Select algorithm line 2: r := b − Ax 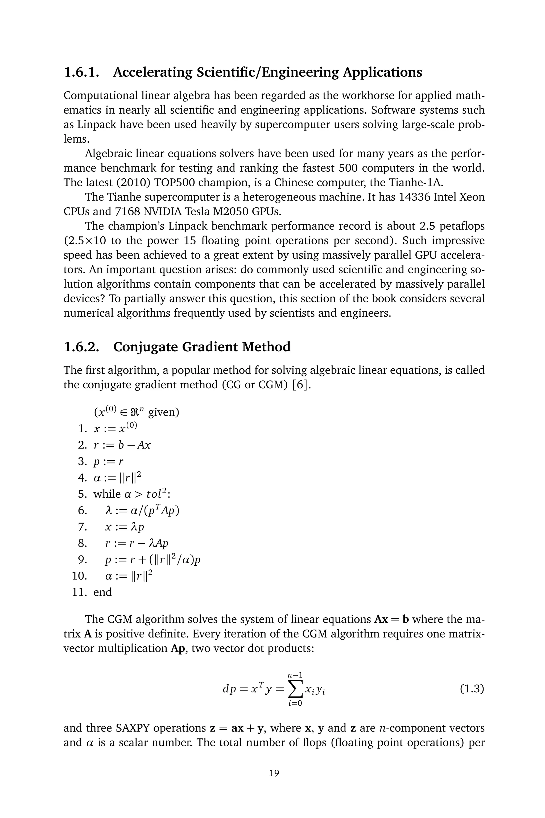[122, 445]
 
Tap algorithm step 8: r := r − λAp [137, 543]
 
